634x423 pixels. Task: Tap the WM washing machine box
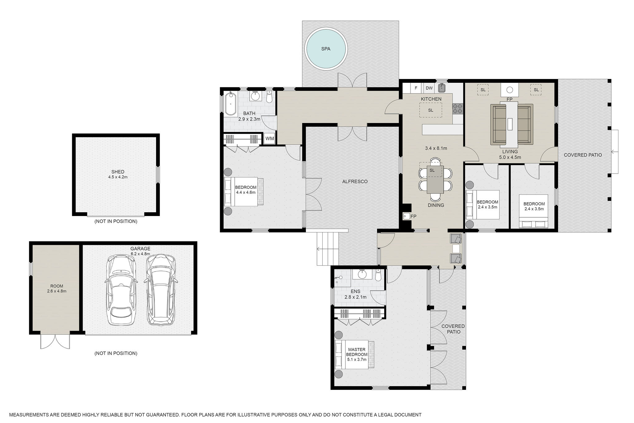pyautogui.click(x=270, y=139)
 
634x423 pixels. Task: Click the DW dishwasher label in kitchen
pyautogui.click(x=429, y=88)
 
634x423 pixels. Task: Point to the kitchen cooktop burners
pyautogui.click(x=458, y=108)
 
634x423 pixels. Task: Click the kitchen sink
pyautogui.click(x=442, y=88)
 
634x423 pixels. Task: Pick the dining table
pyautogui.click(x=435, y=180)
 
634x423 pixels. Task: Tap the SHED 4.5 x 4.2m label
pyautogui.click(x=118, y=174)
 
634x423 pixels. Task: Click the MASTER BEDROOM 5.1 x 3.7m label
pyautogui.click(x=357, y=355)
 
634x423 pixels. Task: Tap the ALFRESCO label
pyautogui.click(x=355, y=182)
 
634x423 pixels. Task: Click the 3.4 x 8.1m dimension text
pyautogui.click(x=436, y=148)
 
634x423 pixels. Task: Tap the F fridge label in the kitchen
pyautogui.click(x=416, y=88)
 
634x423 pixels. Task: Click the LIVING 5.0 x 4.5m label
pyautogui.click(x=510, y=154)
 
